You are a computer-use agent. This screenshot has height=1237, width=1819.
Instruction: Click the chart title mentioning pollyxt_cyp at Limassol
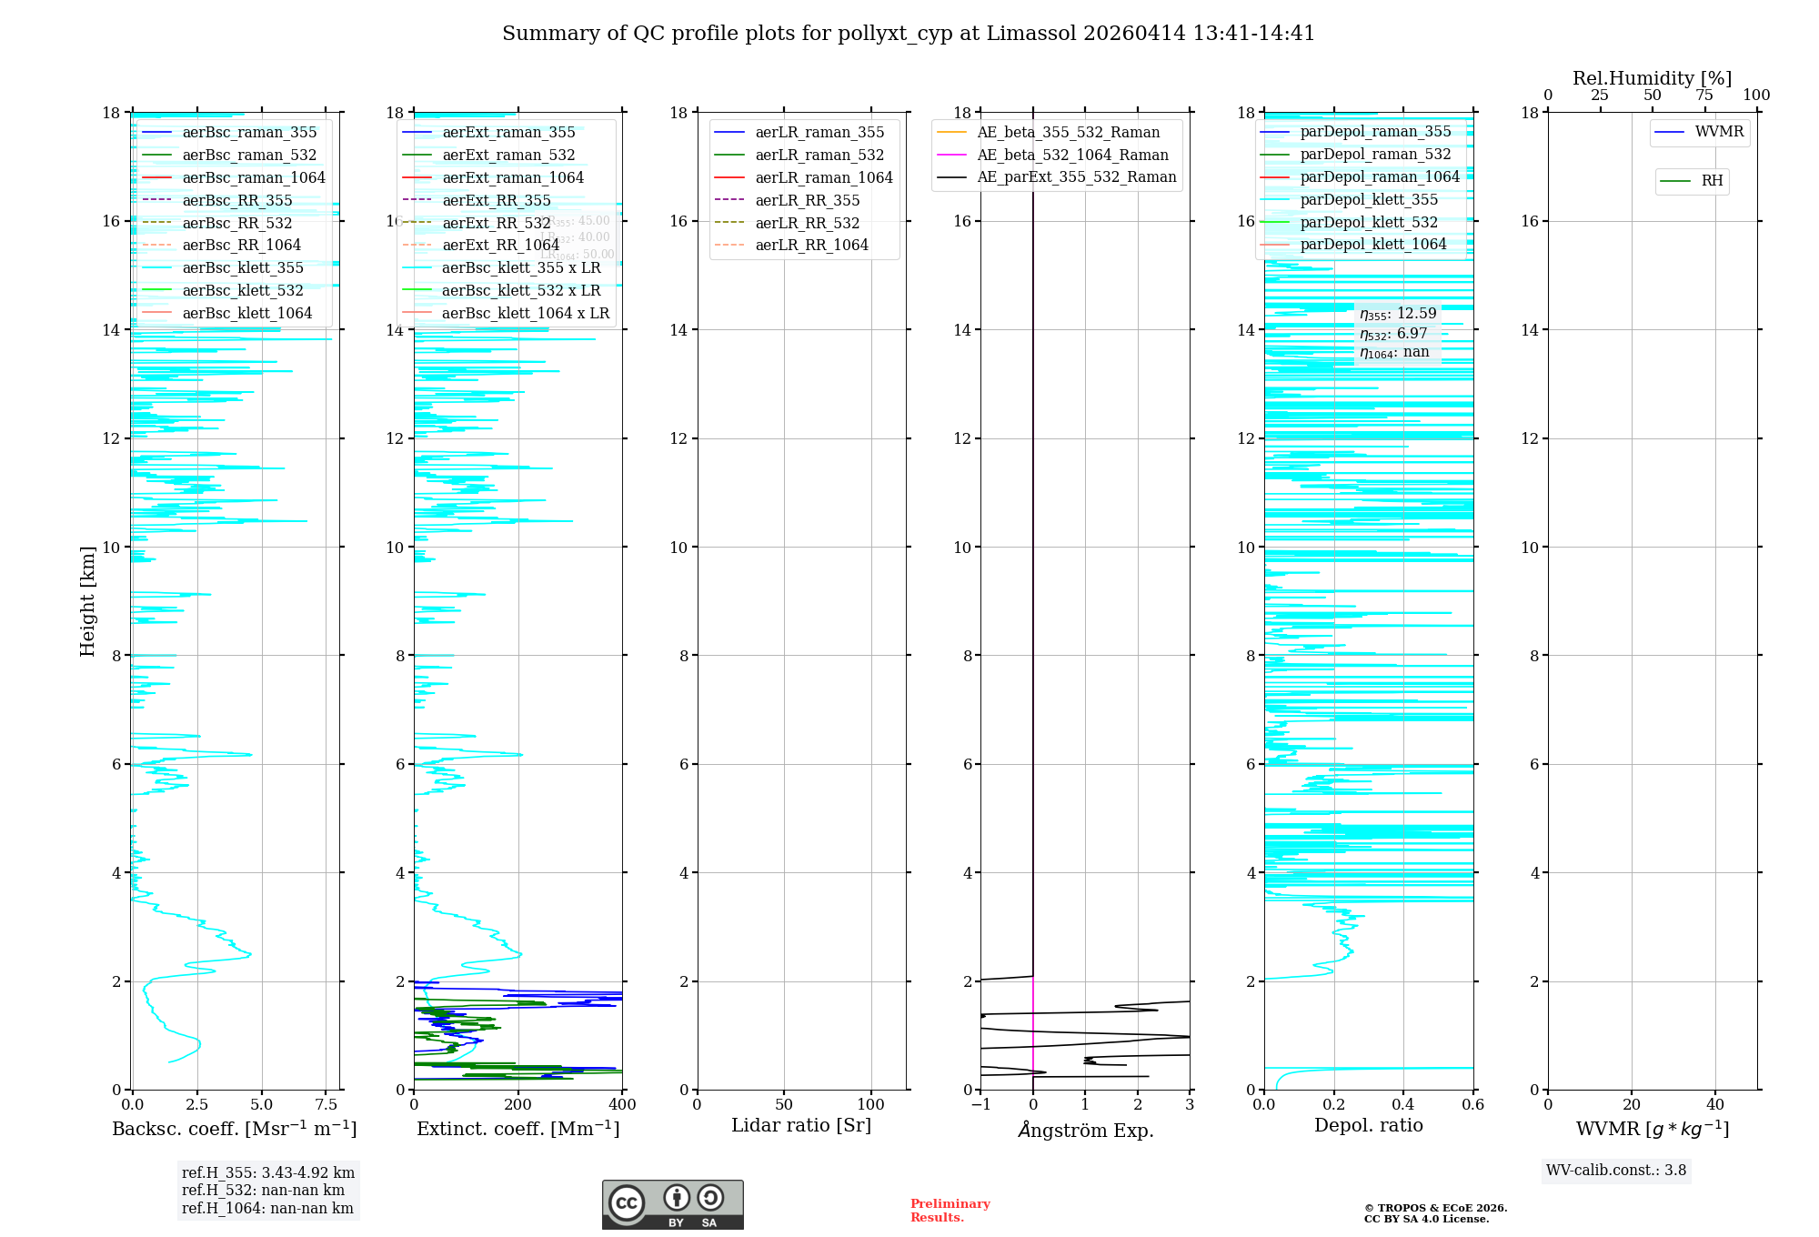pos(909,34)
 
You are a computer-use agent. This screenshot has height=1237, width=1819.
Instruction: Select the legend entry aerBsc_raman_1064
pos(253,178)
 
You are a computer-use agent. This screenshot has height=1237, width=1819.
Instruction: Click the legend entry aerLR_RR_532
pos(807,223)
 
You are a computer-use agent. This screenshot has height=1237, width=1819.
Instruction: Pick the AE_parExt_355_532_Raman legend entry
pos(1076,177)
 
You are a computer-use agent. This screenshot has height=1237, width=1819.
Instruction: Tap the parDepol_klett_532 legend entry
pos(1369,223)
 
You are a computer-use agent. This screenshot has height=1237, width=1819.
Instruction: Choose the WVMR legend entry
pos(1719,132)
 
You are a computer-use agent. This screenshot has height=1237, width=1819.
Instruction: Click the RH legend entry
pos(1712,181)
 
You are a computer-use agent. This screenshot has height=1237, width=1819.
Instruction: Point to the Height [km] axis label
pos(87,601)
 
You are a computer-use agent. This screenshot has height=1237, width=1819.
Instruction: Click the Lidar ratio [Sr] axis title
pos(801,1126)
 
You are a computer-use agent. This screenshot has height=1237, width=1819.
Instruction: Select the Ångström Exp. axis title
pos(1085,1131)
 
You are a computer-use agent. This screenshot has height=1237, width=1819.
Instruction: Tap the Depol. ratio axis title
pos(1368,1126)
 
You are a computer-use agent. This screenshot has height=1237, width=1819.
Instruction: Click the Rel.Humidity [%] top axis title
pos(1652,79)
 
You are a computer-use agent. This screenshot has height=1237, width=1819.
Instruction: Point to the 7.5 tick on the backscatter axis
pos(327,1105)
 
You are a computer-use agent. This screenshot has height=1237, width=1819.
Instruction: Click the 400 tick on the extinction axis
pos(622,1105)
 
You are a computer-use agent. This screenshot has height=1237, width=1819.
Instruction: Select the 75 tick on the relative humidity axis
pos(1704,96)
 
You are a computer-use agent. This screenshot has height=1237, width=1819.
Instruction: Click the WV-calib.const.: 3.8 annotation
pos(1616,1171)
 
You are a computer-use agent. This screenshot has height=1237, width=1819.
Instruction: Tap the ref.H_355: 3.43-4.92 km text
pos(267,1173)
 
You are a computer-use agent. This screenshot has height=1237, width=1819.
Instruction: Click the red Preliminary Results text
pos(950,1211)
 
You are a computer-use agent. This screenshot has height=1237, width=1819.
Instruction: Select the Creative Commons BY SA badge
pos(672,1205)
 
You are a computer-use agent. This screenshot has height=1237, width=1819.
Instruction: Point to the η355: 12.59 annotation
pos(1398,315)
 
